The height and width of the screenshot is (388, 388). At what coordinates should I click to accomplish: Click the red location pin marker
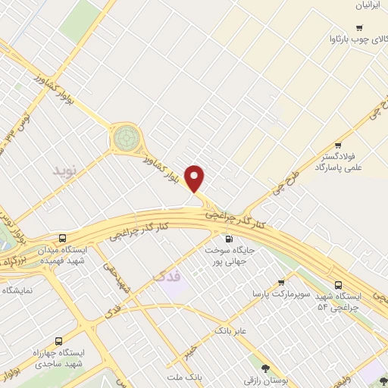tap(196, 179)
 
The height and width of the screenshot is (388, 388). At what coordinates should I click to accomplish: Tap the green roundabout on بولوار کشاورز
tap(126, 139)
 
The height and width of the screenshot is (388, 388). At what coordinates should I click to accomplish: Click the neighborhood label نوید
tap(65, 170)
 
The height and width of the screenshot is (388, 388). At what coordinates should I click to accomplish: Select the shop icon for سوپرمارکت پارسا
tap(282, 280)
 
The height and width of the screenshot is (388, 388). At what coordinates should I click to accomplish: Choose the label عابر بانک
tap(232, 331)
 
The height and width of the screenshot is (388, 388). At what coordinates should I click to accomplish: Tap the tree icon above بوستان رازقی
tap(265, 366)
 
